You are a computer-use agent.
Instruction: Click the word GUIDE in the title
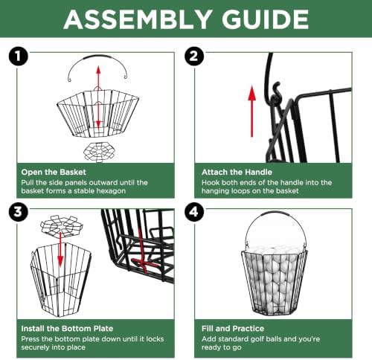click(265, 19)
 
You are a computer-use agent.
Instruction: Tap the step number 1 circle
click(18, 57)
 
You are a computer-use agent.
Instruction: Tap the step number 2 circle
click(194, 57)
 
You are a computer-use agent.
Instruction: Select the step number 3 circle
click(18, 213)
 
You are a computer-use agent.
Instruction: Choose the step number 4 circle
click(194, 213)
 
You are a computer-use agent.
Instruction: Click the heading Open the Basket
click(54, 172)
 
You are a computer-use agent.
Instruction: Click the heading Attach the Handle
click(237, 172)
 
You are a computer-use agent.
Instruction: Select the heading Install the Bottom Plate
click(67, 329)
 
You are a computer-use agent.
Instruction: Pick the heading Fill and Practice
click(233, 329)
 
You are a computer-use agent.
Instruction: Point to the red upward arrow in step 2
click(252, 111)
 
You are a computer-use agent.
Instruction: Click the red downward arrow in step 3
click(60, 250)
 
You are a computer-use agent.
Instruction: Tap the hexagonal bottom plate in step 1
click(99, 152)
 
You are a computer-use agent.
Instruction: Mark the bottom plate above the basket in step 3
click(62, 225)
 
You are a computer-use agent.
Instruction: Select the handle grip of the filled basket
click(275, 213)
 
